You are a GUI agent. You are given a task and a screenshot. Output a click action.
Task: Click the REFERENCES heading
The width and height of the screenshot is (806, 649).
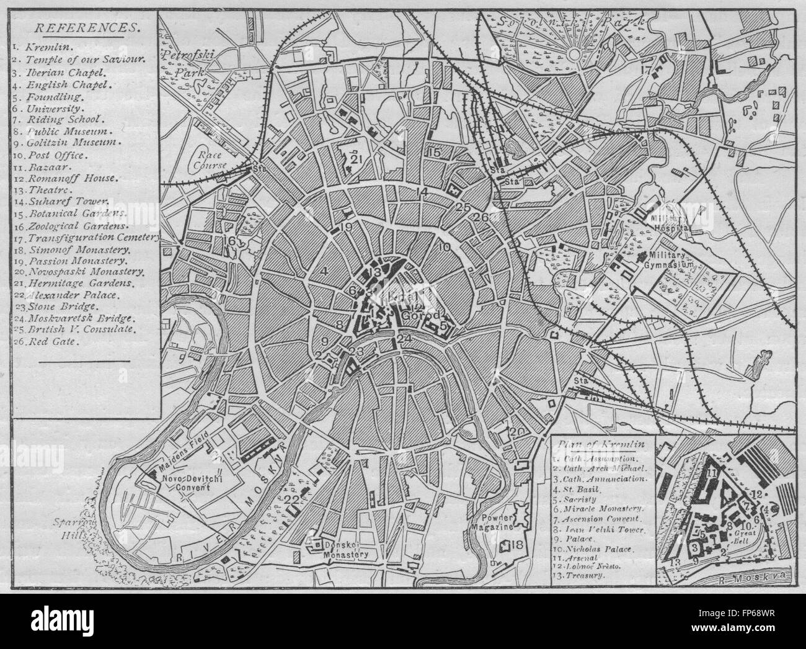(x=86, y=27)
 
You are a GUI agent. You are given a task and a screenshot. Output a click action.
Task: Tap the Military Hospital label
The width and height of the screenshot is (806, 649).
(x=670, y=223)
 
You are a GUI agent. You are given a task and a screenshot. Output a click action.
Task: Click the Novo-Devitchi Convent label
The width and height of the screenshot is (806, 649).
(x=186, y=483)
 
